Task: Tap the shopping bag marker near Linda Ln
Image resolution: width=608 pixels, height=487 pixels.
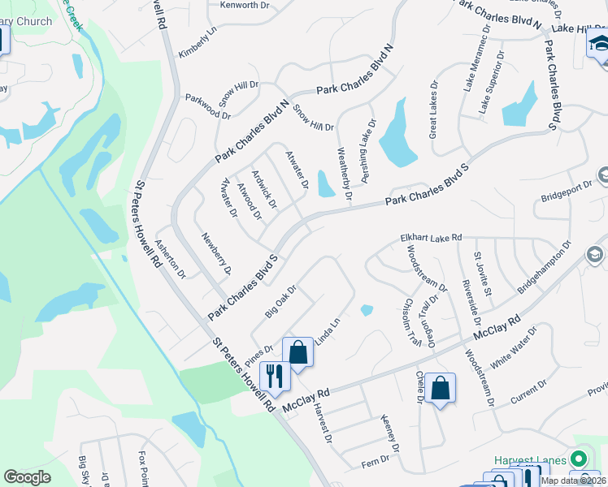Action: click(297, 352)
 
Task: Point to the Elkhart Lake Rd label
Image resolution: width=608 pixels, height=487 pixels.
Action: click(431, 238)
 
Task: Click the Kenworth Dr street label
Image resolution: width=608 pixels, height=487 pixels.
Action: click(245, 6)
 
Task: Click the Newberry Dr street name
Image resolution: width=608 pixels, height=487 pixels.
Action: click(217, 252)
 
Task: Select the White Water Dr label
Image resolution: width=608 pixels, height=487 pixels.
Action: click(521, 350)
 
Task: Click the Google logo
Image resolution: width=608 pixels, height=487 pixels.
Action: click(28, 477)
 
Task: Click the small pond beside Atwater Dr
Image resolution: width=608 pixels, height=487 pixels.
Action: click(326, 184)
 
